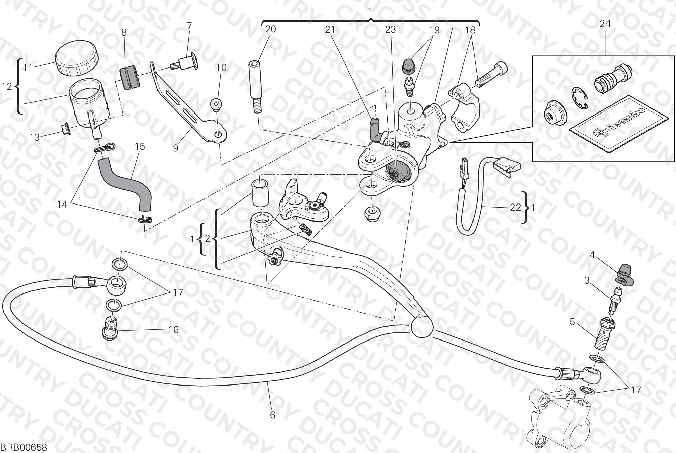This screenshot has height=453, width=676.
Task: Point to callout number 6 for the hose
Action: click(272, 415)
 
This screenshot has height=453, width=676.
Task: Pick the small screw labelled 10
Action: click(217, 105)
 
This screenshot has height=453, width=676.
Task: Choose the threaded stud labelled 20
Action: click(256, 87)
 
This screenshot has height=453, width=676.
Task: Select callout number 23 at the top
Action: click(390, 30)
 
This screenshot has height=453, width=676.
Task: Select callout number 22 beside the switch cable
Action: click(515, 207)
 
